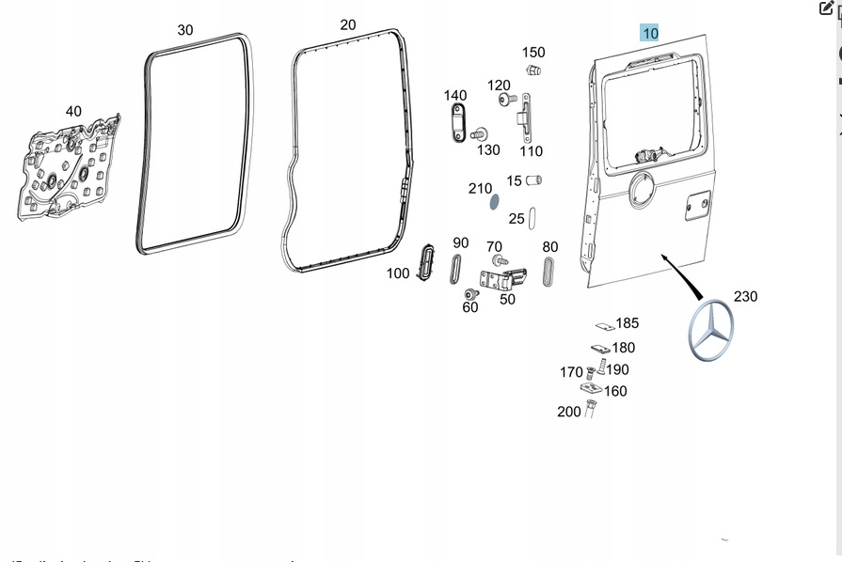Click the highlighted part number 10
tap(650, 33)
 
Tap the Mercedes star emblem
tap(711, 333)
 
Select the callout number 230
tap(745, 297)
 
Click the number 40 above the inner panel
tap(73, 112)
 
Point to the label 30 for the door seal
tap(185, 30)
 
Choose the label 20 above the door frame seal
tap(348, 25)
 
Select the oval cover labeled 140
tap(457, 123)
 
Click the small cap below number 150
tap(533, 70)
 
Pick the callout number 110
tap(532, 150)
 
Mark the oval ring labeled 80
tap(549, 272)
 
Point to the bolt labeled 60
tap(472, 295)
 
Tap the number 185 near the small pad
tap(627, 323)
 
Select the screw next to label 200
tap(591, 408)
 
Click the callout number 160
tap(615, 391)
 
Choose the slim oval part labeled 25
tap(533, 218)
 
